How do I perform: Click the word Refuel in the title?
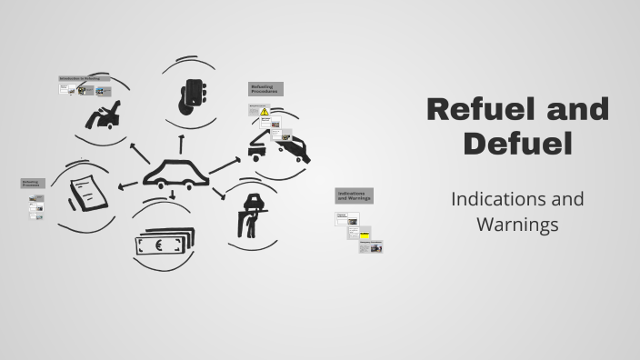coord(476,110)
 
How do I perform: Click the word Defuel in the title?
coord(517,142)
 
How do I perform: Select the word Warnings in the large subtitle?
coord(516,224)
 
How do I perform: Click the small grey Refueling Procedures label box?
coord(265,89)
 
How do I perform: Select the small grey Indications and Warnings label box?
coord(355,195)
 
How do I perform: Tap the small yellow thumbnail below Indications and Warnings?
coord(365,233)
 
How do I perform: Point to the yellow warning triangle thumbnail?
coord(265,112)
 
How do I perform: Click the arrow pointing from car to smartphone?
coord(181,143)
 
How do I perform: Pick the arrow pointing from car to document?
coord(128,185)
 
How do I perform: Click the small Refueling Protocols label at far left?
coord(33,184)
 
